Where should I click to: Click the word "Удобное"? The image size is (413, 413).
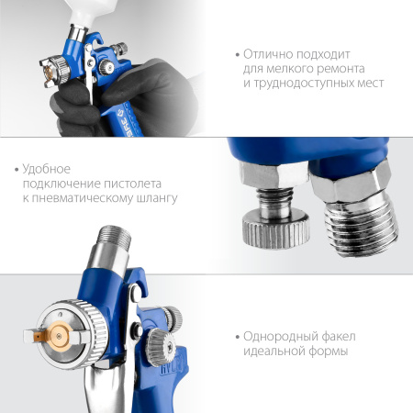click(x=47, y=169)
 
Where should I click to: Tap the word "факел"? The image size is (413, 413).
click(x=339, y=336)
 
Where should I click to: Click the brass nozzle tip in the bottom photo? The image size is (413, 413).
click(x=59, y=337)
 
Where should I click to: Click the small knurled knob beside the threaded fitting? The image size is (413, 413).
click(x=276, y=229)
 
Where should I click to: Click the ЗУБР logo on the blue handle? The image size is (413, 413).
click(x=124, y=122)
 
